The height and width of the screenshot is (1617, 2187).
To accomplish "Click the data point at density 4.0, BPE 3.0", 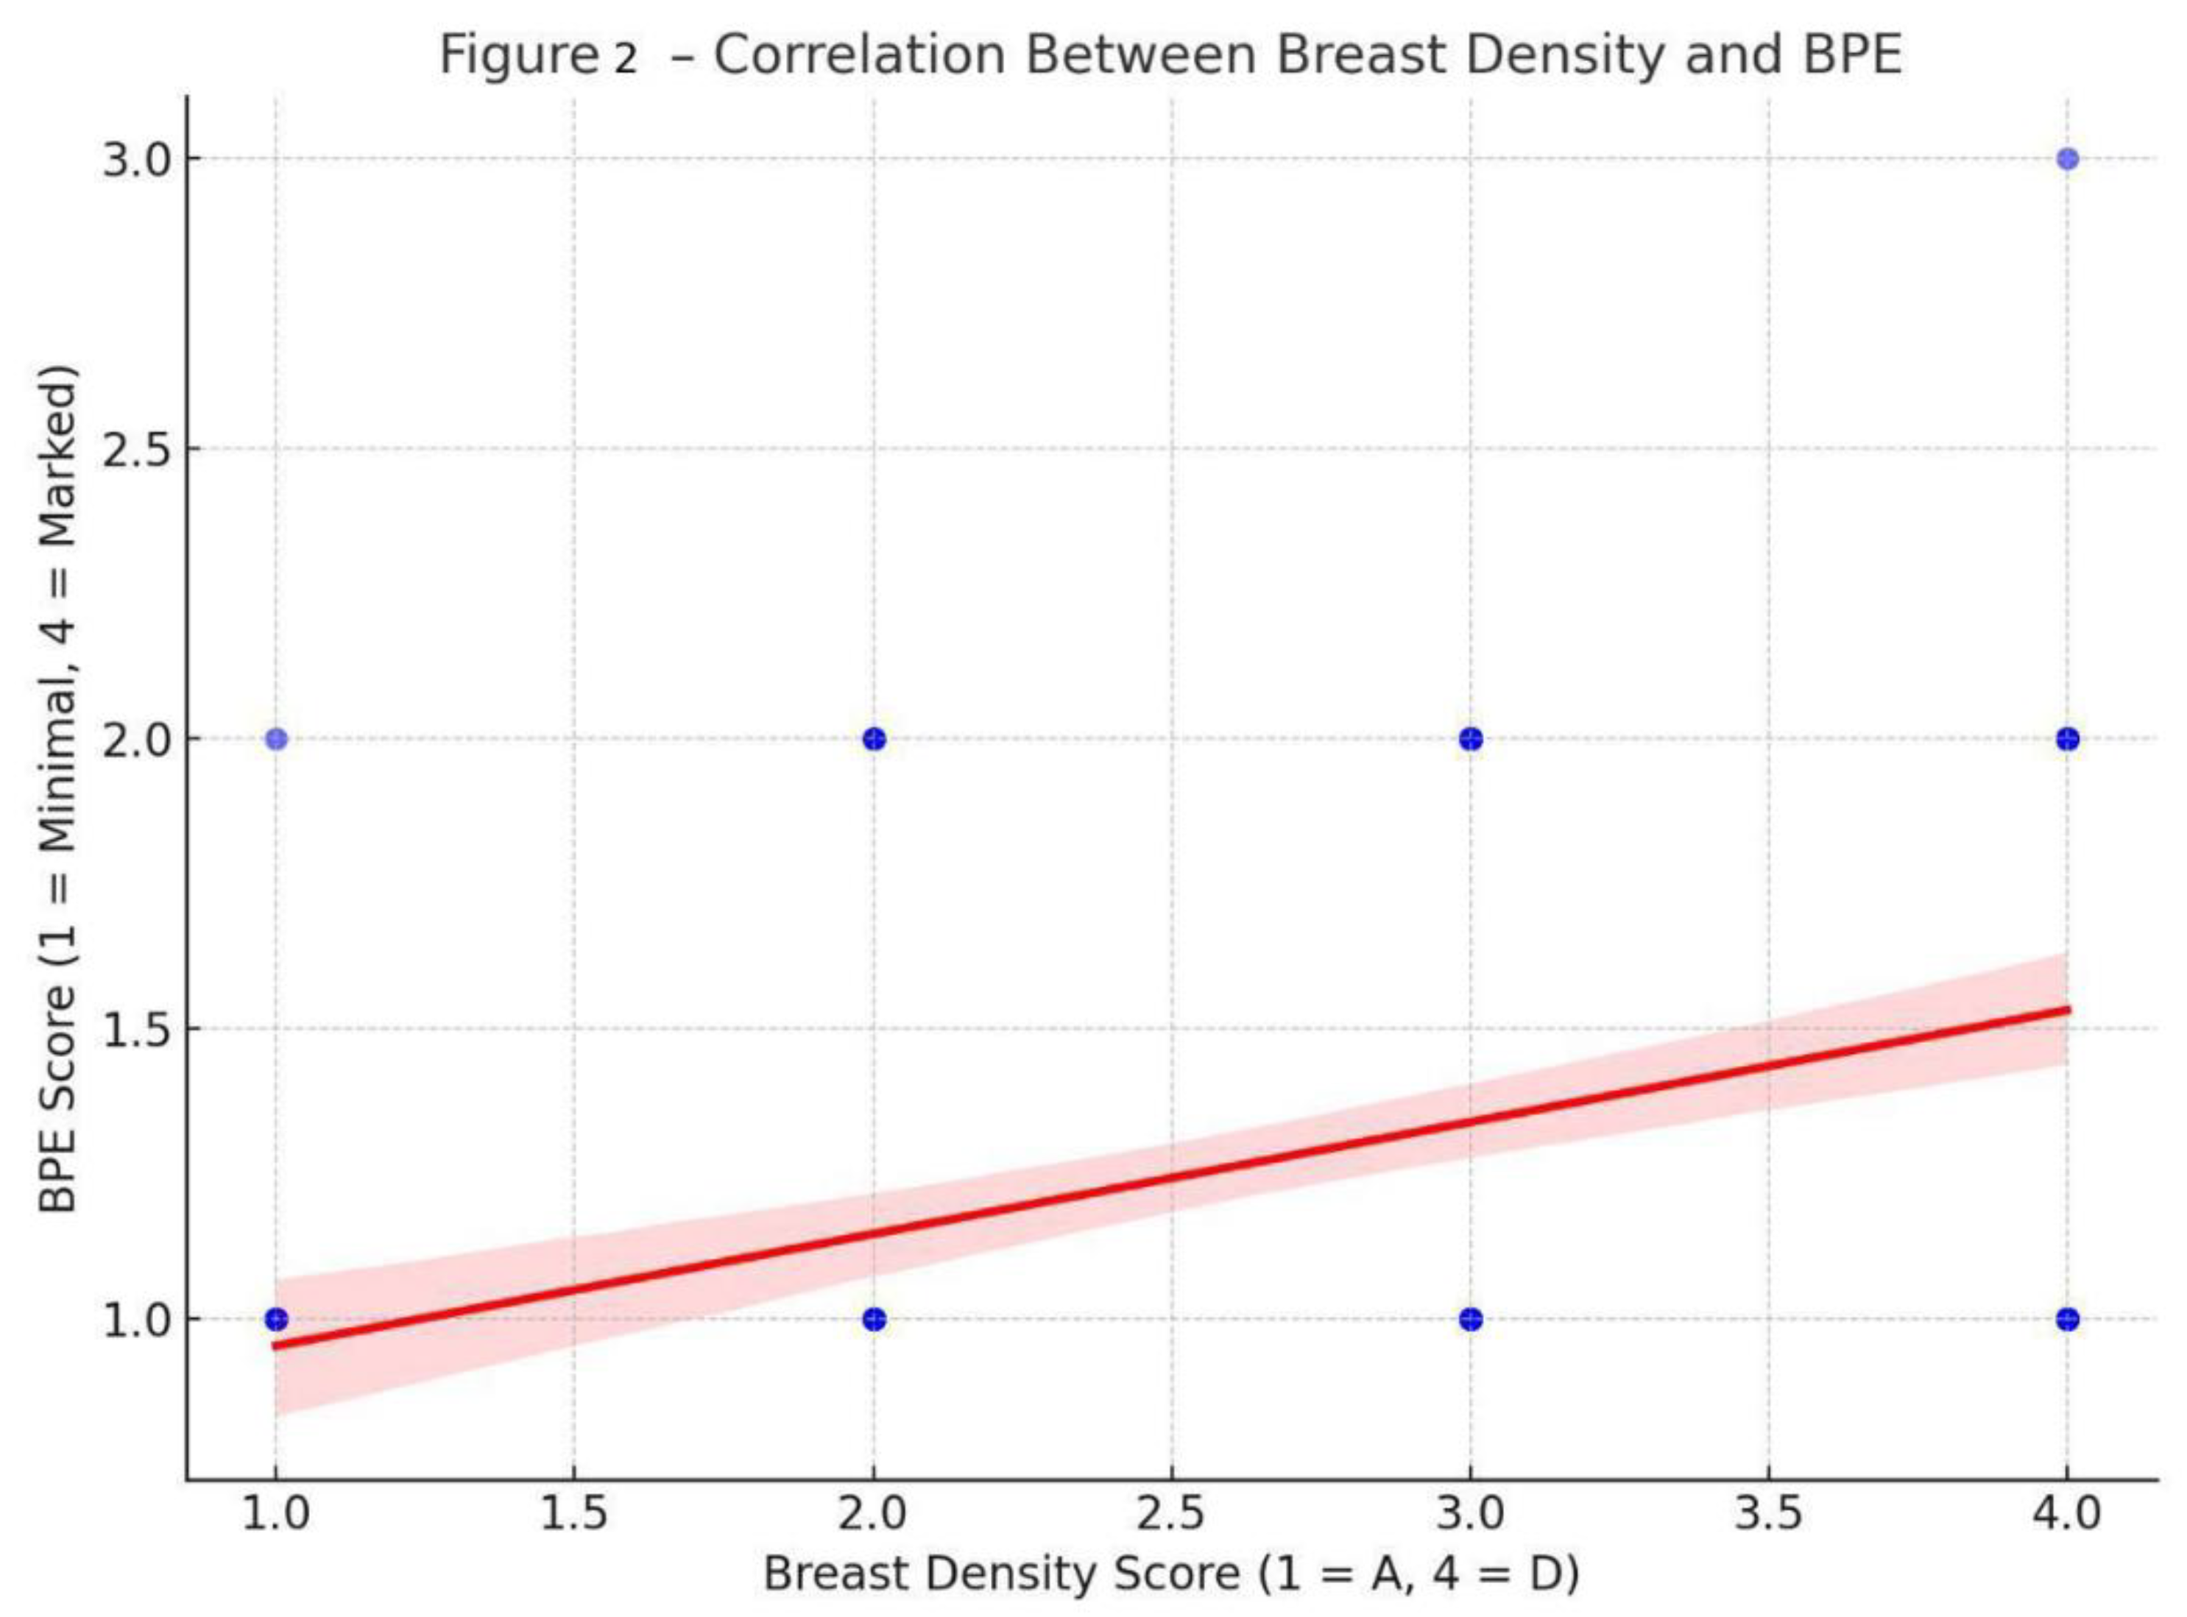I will tap(2066, 158).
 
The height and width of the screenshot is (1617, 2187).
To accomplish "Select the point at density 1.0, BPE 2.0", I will tap(276, 739).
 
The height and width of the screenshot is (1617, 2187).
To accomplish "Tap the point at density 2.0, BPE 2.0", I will tap(875, 739).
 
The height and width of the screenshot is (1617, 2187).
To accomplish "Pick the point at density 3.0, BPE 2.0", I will tap(1471, 739).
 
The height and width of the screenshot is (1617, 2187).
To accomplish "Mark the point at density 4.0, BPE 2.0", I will tap(2066, 739).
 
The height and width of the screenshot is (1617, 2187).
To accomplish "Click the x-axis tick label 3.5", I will tap(1768, 1514).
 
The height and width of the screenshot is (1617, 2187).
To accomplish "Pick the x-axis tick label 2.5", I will tap(1171, 1514).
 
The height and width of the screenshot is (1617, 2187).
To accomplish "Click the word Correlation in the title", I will tap(858, 56).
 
